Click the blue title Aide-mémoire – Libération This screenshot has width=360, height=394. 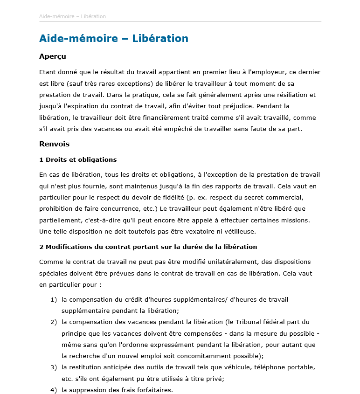tap(114, 39)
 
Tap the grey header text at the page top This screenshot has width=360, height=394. tap(72, 16)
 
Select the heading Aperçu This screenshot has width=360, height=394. tap(53, 56)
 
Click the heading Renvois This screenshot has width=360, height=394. tap(55, 144)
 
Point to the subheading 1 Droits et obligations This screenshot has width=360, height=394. tap(78, 159)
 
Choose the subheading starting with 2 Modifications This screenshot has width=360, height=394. tap(148, 247)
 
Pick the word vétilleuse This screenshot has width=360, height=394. tap(238, 231)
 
